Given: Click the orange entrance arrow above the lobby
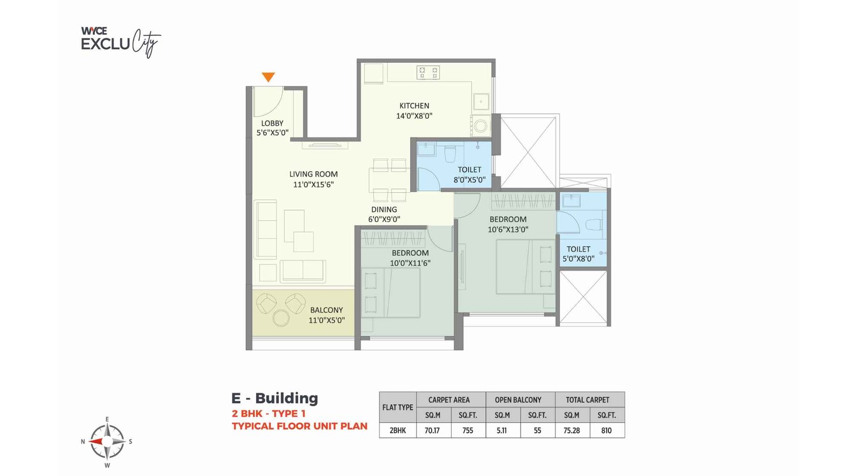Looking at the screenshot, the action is (x=268, y=77).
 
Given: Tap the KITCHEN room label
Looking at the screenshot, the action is (x=415, y=105).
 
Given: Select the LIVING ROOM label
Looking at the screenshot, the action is (x=313, y=174).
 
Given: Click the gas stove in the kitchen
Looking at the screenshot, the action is (x=428, y=72).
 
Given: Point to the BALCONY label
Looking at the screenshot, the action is (x=326, y=309).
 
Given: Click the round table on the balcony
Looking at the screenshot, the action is (x=281, y=318).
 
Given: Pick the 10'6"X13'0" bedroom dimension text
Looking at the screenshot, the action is (x=508, y=229).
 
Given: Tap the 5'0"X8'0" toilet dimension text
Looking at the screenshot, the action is (x=578, y=259).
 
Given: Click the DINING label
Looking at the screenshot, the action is (x=384, y=209).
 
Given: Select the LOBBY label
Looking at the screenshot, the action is (x=273, y=123).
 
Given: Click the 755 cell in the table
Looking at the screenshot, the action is (x=468, y=430).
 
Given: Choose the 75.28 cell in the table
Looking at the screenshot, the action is (x=572, y=430).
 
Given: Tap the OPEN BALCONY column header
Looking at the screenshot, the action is (x=518, y=400).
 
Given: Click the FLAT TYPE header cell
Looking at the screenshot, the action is (x=398, y=407).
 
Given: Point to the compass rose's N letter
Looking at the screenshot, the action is (x=82, y=442).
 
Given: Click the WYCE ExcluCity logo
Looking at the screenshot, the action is (x=121, y=42).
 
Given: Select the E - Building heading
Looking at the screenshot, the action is (x=275, y=398).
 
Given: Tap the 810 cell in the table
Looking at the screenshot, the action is (x=606, y=430).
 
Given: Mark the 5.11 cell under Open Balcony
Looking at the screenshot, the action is (x=501, y=430).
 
